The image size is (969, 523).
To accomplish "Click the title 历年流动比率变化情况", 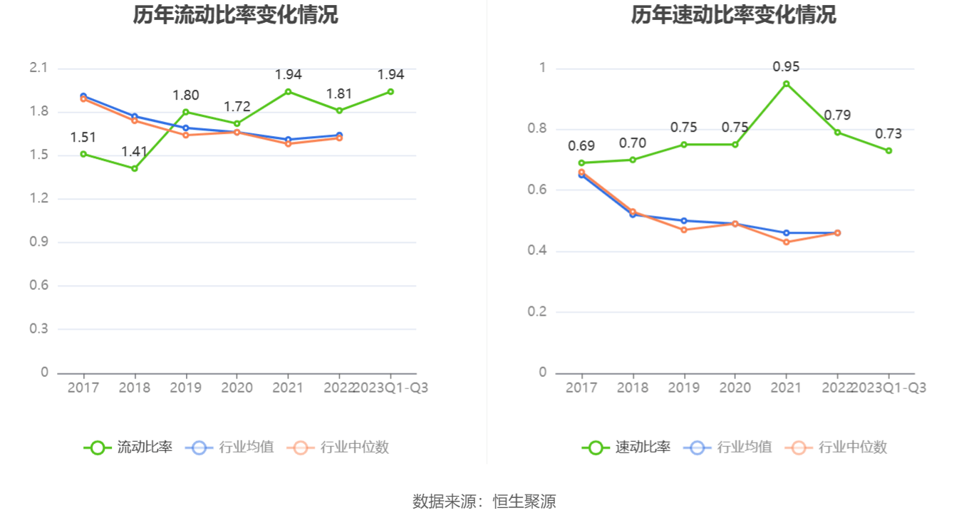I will (x=235, y=15).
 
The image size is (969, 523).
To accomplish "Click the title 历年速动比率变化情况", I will (x=733, y=15).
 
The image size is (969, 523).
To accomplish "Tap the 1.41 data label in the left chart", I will (x=135, y=151).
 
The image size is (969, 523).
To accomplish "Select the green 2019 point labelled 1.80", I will (x=186, y=112).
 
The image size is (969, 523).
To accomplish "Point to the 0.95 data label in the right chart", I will (x=786, y=67).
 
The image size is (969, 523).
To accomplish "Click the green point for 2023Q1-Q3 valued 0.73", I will (x=888, y=150).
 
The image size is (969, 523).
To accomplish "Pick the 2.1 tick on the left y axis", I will (x=38, y=68).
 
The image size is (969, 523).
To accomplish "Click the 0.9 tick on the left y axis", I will (x=38, y=242).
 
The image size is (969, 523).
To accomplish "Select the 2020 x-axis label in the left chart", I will (x=237, y=388).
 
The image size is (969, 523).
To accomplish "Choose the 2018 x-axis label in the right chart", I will (x=632, y=388).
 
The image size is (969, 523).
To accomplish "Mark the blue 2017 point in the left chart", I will (x=83, y=95).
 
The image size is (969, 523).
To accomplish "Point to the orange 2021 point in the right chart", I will (x=787, y=242).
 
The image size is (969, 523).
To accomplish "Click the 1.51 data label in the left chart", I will (x=83, y=138).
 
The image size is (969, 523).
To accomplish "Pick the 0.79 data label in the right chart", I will (x=837, y=115).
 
